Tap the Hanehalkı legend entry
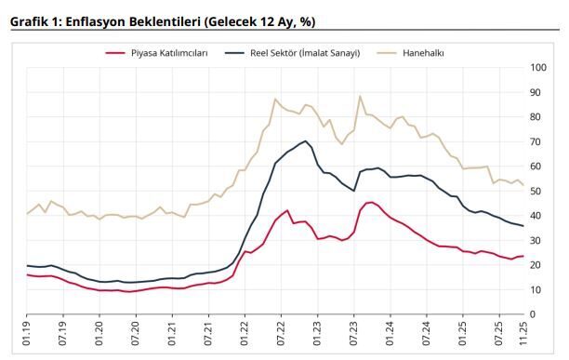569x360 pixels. point(422,53)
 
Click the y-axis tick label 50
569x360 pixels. point(536,191)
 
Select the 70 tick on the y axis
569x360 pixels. point(536,141)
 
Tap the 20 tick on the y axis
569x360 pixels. point(536,265)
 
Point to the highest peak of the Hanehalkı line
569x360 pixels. point(360,96)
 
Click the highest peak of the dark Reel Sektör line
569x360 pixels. point(306,141)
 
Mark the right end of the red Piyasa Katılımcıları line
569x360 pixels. point(523,256)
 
